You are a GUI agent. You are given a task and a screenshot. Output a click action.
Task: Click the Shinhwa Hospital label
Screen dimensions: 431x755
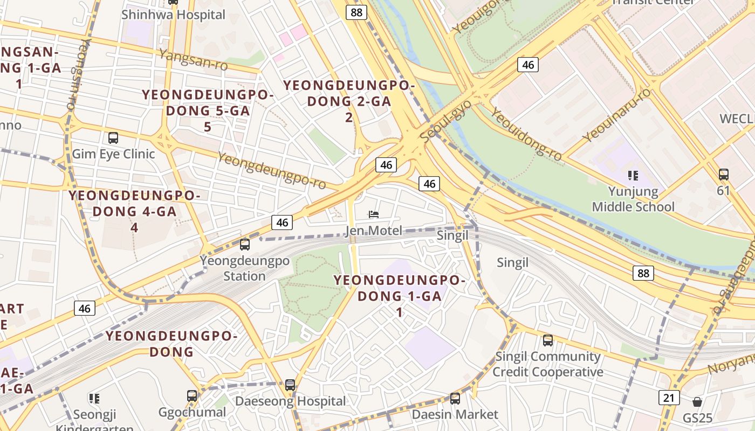(x=173, y=15)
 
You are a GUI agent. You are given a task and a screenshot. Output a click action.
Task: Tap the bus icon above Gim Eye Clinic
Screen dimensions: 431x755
(x=113, y=138)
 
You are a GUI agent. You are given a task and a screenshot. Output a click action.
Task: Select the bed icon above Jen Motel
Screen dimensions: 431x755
(x=373, y=214)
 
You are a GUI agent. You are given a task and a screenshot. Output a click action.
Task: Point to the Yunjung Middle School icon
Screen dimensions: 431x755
(x=633, y=175)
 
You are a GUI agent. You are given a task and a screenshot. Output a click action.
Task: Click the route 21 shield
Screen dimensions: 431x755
(x=669, y=398)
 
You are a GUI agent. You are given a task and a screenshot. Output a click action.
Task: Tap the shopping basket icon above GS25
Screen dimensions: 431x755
(x=697, y=402)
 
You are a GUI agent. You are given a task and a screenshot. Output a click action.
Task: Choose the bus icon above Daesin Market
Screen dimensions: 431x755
(x=455, y=399)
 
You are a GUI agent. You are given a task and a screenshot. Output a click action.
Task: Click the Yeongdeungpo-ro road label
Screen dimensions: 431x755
(x=272, y=171)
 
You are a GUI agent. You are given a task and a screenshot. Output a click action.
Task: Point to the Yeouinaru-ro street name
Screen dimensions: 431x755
(x=617, y=115)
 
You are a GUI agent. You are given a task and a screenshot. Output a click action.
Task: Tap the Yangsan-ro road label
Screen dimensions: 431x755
(x=193, y=60)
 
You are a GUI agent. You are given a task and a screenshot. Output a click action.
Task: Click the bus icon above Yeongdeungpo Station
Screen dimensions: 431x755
(x=245, y=245)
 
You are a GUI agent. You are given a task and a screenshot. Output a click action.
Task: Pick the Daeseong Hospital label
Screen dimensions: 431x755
(x=290, y=401)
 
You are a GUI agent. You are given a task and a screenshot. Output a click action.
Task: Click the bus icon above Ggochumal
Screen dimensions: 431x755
(x=192, y=396)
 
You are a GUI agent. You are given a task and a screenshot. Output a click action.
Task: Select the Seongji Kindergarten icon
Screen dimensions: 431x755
(x=94, y=399)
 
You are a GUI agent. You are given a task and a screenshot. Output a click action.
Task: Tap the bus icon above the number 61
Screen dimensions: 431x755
(x=724, y=175)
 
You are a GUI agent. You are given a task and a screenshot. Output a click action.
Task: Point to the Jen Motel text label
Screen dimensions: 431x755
(x=373, y=231)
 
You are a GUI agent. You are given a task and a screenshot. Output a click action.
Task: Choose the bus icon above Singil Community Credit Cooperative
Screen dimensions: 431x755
(x=548, y=340)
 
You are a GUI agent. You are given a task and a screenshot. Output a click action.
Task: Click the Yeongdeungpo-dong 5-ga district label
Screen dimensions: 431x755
(x=208, y=110)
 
